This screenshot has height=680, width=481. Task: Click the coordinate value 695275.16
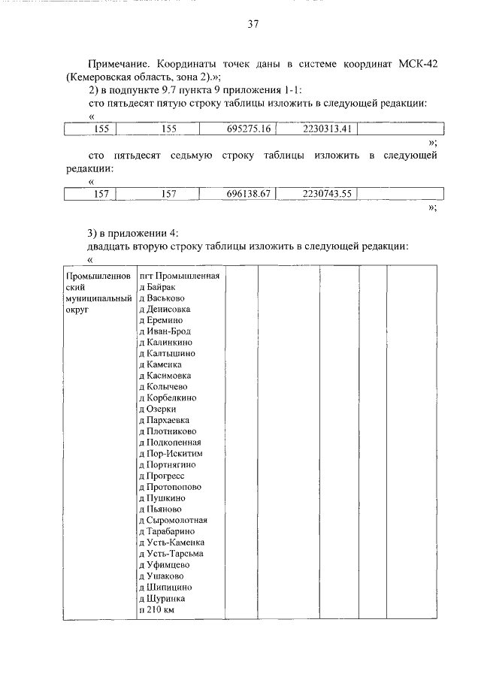[x=248, y=129]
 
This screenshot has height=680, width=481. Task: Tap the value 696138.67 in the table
[x=248, y=194]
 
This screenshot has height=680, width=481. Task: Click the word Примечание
[x=122, y=65]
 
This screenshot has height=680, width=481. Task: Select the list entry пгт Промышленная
[x=180, y=276]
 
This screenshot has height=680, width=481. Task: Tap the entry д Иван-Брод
[x=165, y=331]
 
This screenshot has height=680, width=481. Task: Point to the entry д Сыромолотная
[x=174, y=520]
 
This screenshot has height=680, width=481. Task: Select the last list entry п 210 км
[x=157, y=609]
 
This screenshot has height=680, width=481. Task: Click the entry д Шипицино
[x=166, y=587]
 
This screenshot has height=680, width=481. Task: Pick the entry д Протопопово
[x=170, y=487]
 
